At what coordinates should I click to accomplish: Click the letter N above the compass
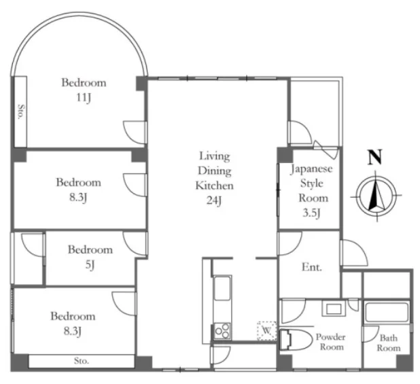pyautogui.click(x=374, y=158)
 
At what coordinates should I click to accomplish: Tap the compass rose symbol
pyautogui.click(x=376, y=196)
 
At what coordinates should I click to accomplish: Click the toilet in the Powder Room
pyautogui.click(x=296, y=340)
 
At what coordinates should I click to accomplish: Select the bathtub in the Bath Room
pyautogui.click(x=387, y=312)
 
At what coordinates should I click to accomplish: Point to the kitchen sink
pyautogui.click(x=222, y=288)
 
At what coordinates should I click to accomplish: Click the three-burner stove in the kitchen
pyautogui.click(x=222, y=331)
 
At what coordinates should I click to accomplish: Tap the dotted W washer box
pyautogui.click(x=267, y=330)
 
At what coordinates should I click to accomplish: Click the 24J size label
pyautogui.click(x=214, y=200)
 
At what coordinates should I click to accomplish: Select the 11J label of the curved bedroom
pyautogui.click(x=84, y=98)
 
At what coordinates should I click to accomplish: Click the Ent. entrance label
pyautogui.click(x=311, y=267)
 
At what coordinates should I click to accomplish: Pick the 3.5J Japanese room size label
pyautogui.click(x=311, y=213)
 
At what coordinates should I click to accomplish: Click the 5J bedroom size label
pyautogui.click(x=90, y=265)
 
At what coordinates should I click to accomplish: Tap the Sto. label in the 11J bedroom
pyautogui.click(x=20, y=111)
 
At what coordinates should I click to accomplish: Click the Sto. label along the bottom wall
pyautogui.click(x=82, y=361)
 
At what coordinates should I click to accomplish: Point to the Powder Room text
pyautogui.click(x=331, y=342)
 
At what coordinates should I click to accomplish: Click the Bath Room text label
pyautogui.click(x=389, y=343)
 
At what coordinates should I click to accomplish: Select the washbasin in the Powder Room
pyautogui.click(x=334, y=309)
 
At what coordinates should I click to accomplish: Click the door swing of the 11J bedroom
pyautogui.click(x=135, y=133)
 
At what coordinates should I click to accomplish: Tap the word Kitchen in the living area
pyautogui.click(x=214, y=186)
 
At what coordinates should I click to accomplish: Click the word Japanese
pyautogui.click(x=311, y=169)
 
